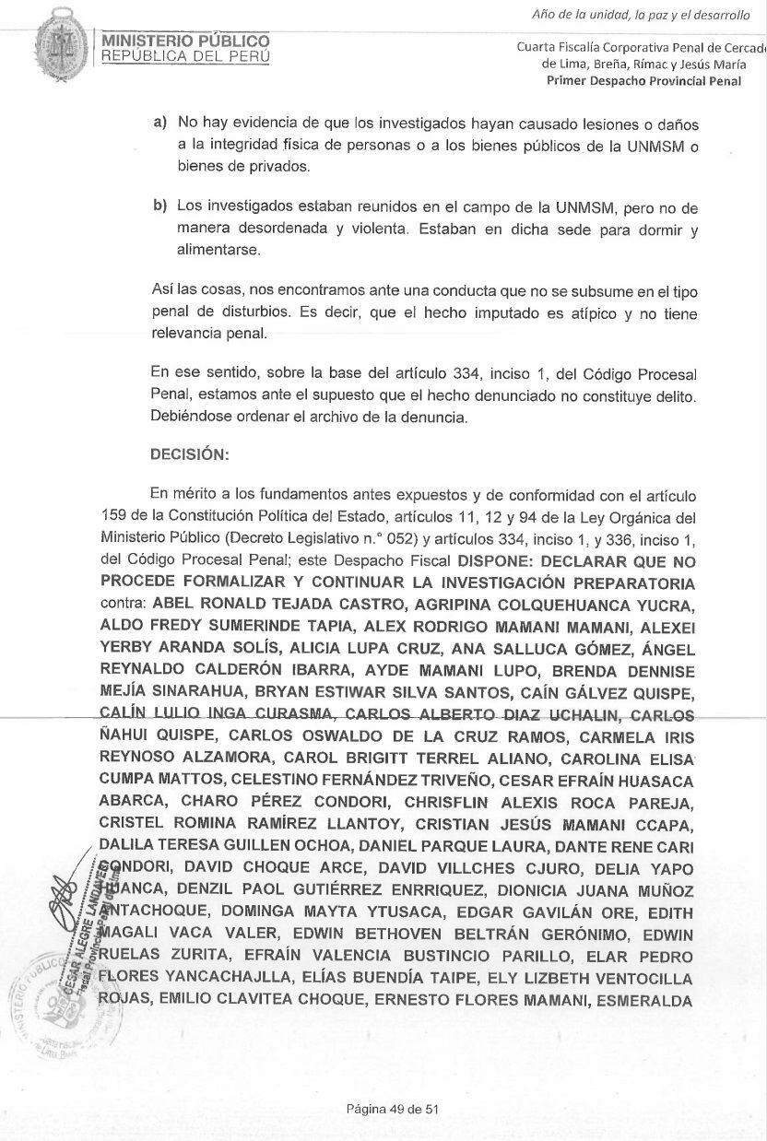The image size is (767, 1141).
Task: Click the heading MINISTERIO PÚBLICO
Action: pyautogui.click(x=185, y=41)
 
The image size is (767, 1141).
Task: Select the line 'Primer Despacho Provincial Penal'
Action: pyautogui.click(x=656, y=80)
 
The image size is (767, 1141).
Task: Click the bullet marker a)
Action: pyautogui.click(x=160, y=123)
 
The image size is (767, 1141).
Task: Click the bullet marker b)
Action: pyautogui.click(x=160, y=205)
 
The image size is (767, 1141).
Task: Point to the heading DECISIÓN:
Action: pyautogui.click(x=189, y=454)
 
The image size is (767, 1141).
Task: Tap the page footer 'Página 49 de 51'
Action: pyautogui.click(x=392, y=1109)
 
